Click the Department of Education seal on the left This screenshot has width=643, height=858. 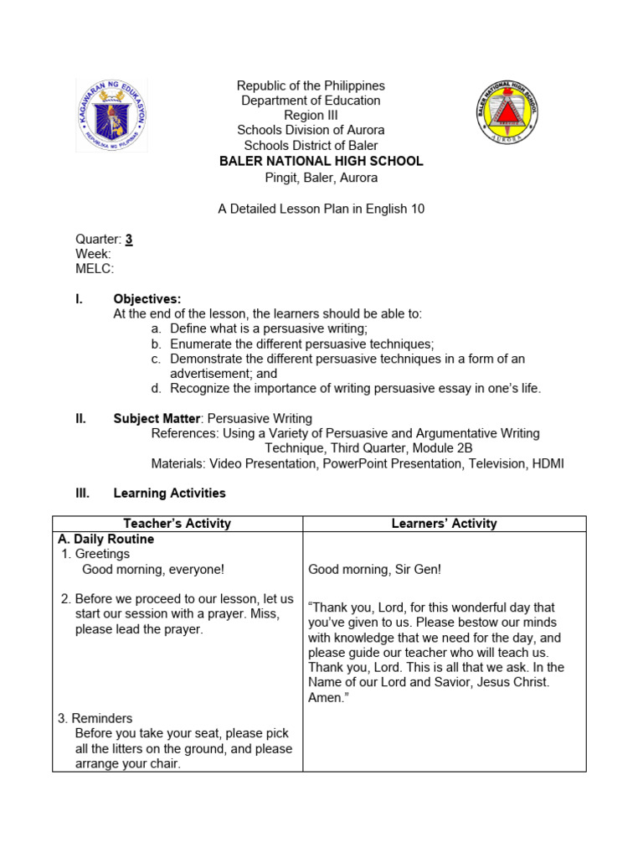coord(111,115)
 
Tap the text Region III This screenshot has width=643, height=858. coord(310,116)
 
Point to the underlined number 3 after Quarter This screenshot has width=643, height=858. coord(129,239)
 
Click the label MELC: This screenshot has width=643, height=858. coord(95,269)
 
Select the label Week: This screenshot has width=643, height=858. coord(93,254)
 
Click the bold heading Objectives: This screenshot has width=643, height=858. coord(147,299)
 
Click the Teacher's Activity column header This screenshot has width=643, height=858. coord(177,524)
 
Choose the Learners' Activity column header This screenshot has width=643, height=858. coord(444,524)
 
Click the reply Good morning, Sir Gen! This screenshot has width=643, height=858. coord(374,570)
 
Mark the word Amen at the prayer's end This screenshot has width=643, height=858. coord(324,698)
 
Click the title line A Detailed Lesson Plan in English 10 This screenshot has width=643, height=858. coord(321,209)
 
